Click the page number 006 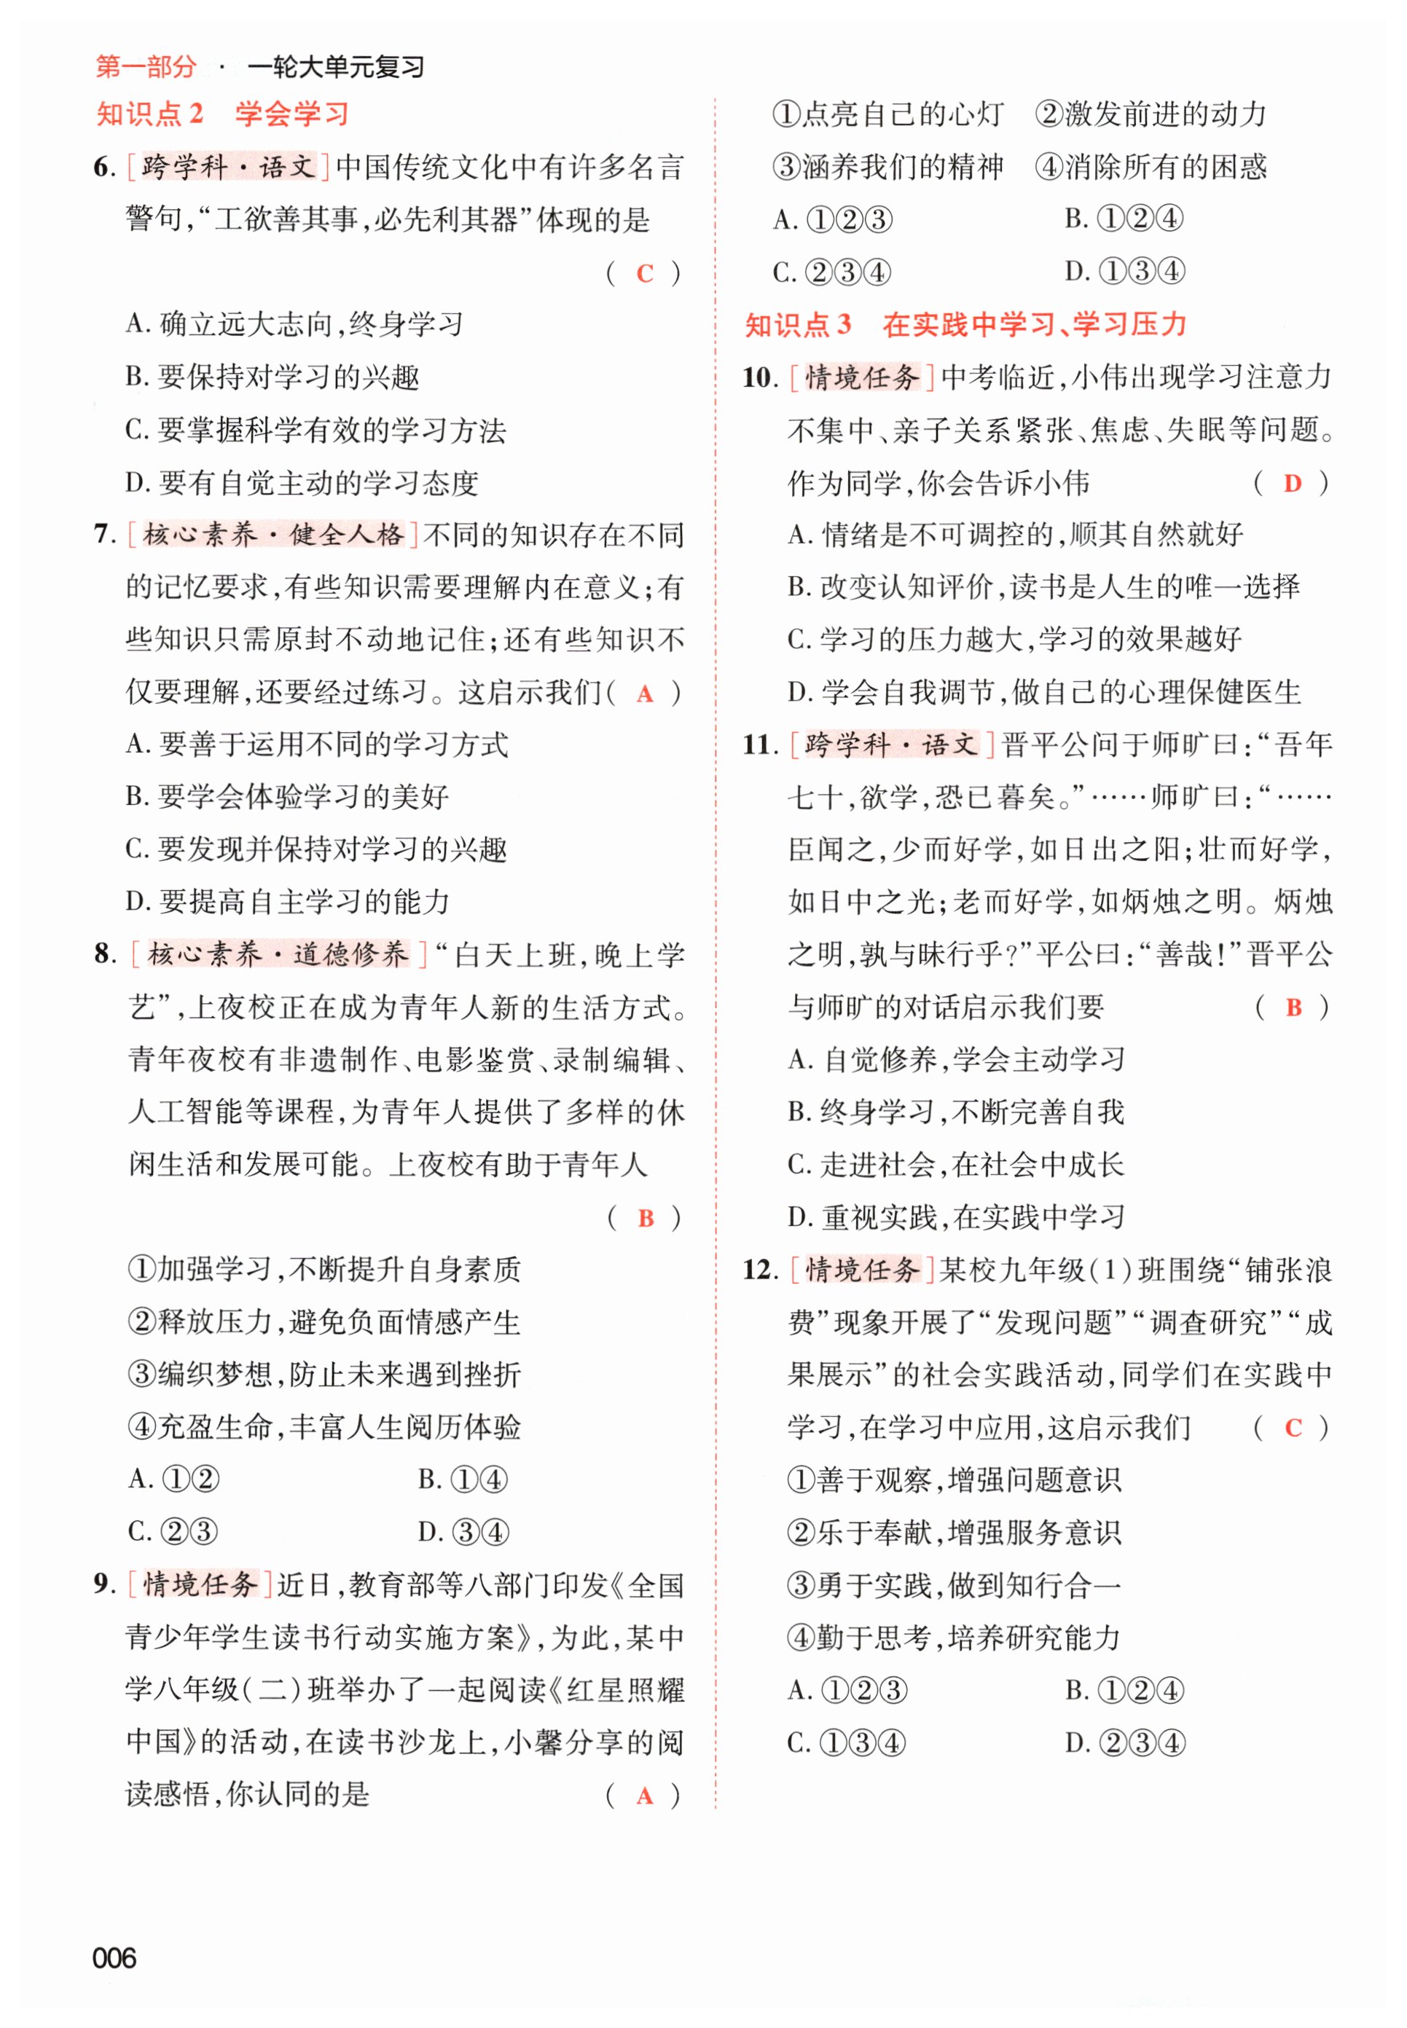(x=114, y=1957)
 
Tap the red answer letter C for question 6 (x=644, y=273)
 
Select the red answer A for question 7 (x=644, y=693)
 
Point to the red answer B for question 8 (x=646, y=1218)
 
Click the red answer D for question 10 (x=1293, y=483)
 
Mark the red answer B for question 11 (x=1293, y=1007)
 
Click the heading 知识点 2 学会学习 (x=222, y=114)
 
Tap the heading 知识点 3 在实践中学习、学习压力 (x=965, y=324)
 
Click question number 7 (x=103, y=535)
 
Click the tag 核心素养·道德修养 (x=278, y=954)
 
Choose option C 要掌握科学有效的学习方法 (x=316, y=430)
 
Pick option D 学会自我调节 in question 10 (x=1044, y=692)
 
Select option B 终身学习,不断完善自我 (x=956, y=1112)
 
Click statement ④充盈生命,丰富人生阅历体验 (x=324, y=1427)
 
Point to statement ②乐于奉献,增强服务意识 (x=954, y=1533)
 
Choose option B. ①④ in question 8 (x=463, y=1479)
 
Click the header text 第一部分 (x=146, y=66)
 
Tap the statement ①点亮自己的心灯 (x=887, y=114)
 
